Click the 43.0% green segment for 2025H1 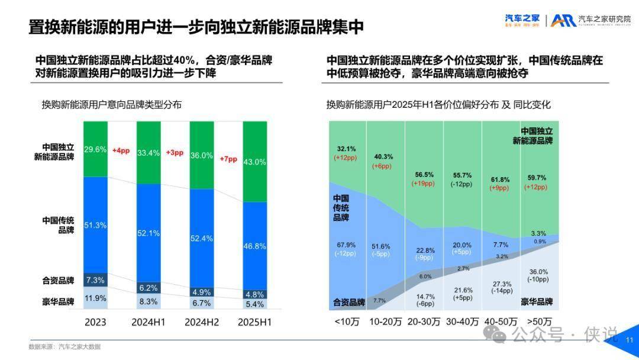[254, 162]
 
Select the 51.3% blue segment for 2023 [95, 225]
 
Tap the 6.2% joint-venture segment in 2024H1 [148, 288]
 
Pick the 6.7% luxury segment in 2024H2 [201, 303]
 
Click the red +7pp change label [228, 159]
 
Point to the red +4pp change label [121, 151]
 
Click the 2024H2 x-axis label [201, 323]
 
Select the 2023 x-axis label [95, 323]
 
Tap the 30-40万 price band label [462, 322]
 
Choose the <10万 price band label [347, 322]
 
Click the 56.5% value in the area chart [423, 175]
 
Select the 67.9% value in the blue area [346, 245]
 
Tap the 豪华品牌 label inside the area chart [537, 302]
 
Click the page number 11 [629, 340]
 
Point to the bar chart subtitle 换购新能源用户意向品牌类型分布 [111, 104]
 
